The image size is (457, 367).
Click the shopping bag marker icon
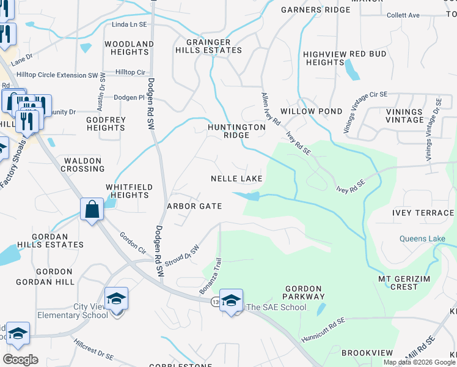click(x=92, y=210)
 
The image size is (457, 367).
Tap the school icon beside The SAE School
click(x=231, y=300)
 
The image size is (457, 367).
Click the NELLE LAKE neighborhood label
click(x=236, y=179)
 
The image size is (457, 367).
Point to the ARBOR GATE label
click(x=194, y=206)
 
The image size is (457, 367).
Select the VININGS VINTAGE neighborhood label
click(x=404, y=116)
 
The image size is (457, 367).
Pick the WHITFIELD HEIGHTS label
click(x=127, y=191)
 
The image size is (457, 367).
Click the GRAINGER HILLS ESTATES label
click(x=209, y=46)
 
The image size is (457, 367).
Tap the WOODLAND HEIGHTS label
click(x=129, y=48)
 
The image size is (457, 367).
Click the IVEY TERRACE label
click(x=423, y=213)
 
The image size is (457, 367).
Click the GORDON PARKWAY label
click(x=303, y=293)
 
